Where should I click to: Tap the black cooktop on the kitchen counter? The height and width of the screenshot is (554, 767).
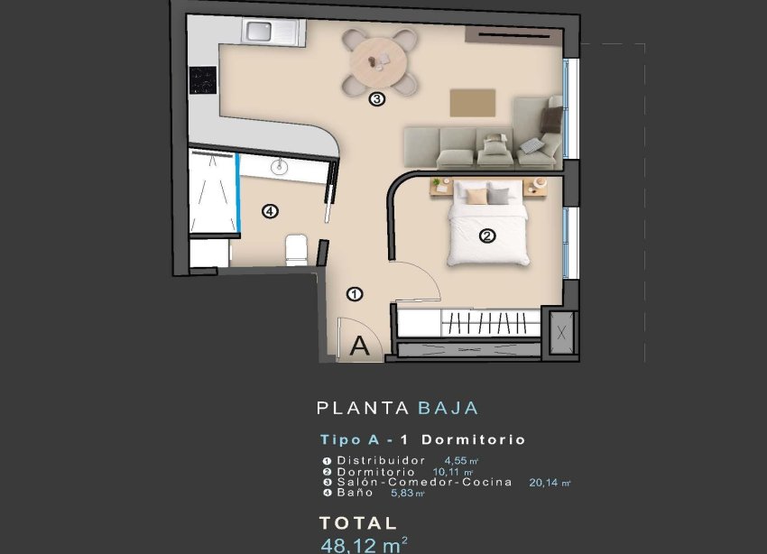202,80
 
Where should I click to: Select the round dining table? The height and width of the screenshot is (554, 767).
380,60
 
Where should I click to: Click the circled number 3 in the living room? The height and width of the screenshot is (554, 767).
377,99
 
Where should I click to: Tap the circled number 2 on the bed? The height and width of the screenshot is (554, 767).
487,236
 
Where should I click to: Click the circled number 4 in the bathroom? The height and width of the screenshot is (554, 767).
268,211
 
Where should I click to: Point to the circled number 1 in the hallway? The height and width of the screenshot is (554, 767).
355,293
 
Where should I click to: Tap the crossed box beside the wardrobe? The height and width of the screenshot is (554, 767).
562,332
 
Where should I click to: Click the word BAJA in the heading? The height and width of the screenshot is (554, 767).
448,408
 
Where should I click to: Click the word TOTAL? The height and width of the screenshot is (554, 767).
358,522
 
